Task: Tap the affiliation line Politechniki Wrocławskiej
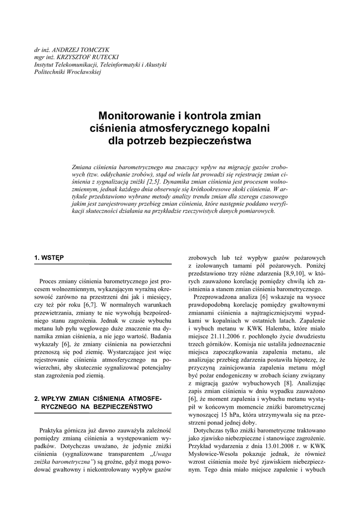pos(68,72)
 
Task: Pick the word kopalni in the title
pos(252,128)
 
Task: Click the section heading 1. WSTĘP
pos(49,257)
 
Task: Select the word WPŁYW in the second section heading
pos(53,398)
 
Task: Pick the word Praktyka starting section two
pos(51,431)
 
